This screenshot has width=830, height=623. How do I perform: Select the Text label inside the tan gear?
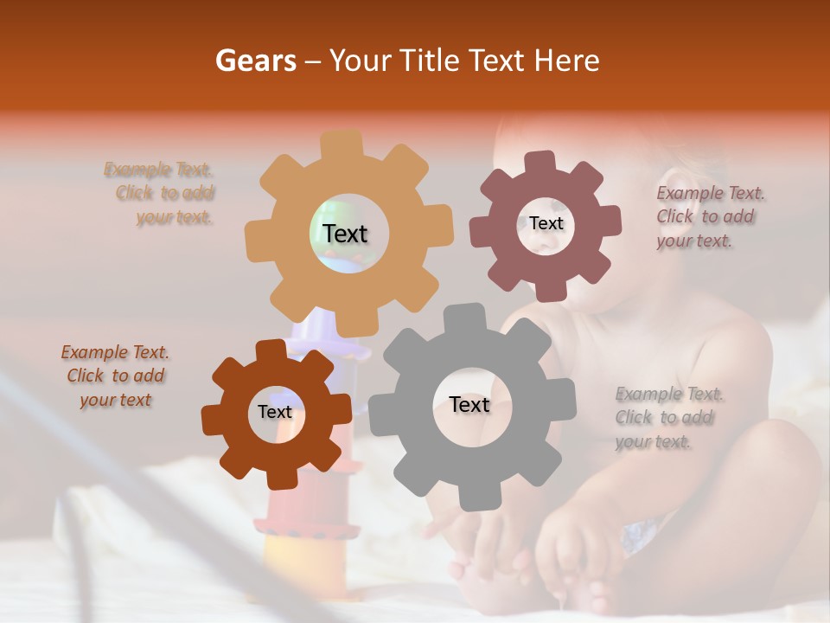click(345, 234)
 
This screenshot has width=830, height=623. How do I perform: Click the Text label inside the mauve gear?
click(546, 223)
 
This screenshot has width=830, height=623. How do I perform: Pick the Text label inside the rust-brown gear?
click(275, 412)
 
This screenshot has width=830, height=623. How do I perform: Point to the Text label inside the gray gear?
click(469, 404)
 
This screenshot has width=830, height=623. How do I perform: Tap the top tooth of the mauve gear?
click(541, 162)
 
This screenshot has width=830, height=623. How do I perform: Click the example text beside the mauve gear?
click(710, 217)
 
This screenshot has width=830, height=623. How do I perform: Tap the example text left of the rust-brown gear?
click(115, 376)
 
